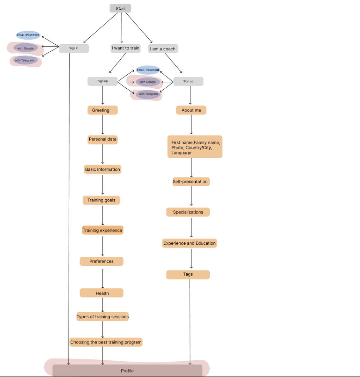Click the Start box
click(x=120, y=9)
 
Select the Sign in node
click(x=74, y=48)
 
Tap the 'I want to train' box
click(x=125, y=48)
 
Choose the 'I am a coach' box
click(x=163, y=49)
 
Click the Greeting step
click(x=102, y=110)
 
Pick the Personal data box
click(x=102, y=139)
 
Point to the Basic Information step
click(x=102, y=169)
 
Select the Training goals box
click(x=101, y=200)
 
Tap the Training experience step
click(x=102, y=230)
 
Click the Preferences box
click(x=101, y=261)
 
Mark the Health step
click(x=101, y=293)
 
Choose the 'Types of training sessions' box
click(x=102, y=317)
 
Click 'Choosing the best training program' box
click(x=106, y=342)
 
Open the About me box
click(x=191, y=110)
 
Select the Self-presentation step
click(x=191, y=182)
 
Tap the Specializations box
click(x=188, y=212)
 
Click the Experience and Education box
click(x=190, y=243)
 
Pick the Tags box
click(x=188, y=275)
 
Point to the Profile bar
click(x=127, y=371)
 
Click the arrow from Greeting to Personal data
click(x=103, y=124)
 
